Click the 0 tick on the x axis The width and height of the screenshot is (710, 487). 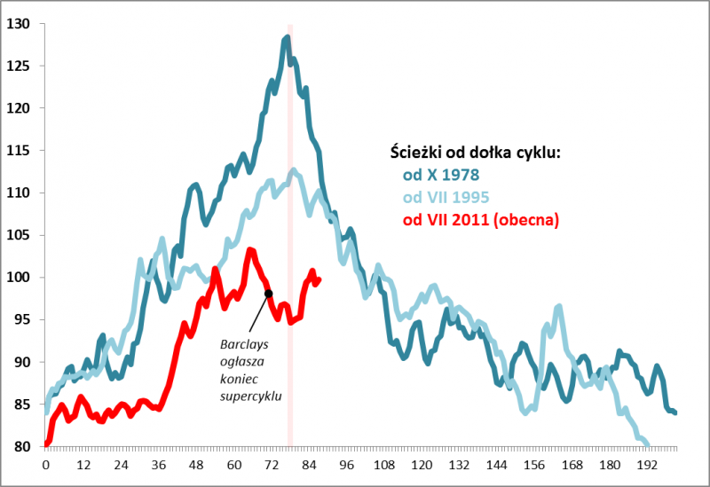point(45,463)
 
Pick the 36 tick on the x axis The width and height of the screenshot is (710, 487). point(158,463)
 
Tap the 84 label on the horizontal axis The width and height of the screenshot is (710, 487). point(309,463)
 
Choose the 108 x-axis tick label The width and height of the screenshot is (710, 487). point(383,463)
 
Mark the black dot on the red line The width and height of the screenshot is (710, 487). point(268,294)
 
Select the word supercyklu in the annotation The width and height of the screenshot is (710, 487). point(251,396)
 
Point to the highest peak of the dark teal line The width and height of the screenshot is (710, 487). point(287,37)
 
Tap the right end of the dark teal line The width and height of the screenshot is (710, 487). point(675,412)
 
